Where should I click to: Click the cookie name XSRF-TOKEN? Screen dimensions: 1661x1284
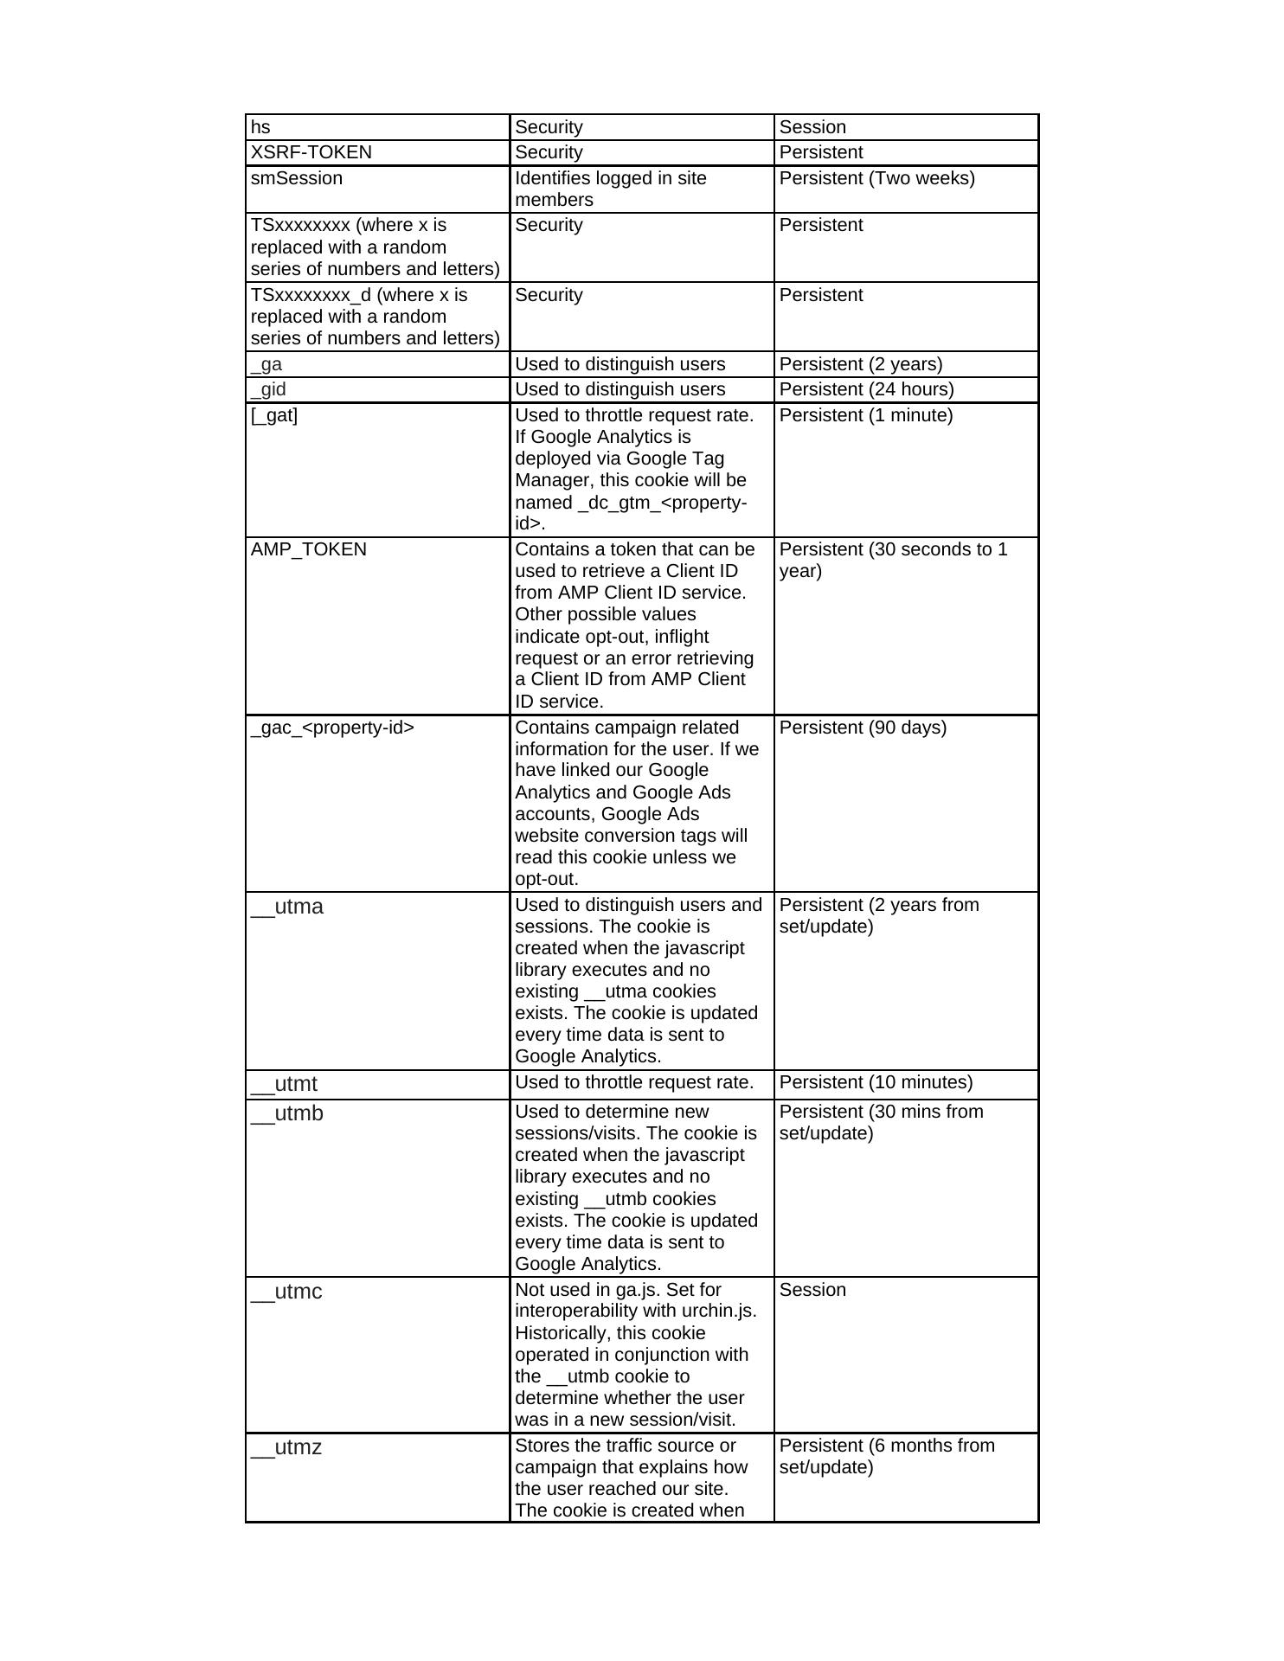[x=311, y=152]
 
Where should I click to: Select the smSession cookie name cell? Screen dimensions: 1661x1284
[x=297, y=178]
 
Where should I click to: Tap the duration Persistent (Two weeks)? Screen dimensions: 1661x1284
[x=876, y=178]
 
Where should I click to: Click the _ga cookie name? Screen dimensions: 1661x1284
[x=266, y=364]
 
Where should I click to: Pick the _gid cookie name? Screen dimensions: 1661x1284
[x=268, y=389]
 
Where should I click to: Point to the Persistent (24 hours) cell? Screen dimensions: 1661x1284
[x=866, y=389]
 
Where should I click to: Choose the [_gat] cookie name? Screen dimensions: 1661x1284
[x=274, y=415]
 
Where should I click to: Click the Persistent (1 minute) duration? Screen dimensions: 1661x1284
[x=865, y=415]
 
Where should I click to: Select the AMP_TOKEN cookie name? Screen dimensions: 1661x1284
[x=309, y=549]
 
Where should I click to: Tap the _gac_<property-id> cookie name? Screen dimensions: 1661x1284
[x=332, y=728]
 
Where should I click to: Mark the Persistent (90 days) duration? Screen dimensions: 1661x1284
[x=863, y=728]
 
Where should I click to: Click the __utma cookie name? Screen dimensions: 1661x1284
[x=287, y=907]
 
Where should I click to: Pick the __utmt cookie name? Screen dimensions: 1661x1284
[x=285, y=1084]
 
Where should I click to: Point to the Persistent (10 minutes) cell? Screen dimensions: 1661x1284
[x=876, y=1082]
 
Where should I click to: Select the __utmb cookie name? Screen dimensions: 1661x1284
[x=287, y=1113]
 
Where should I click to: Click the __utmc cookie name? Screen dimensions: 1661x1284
[x=286, y=1292]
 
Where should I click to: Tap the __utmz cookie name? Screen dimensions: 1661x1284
[x=286, y=1446]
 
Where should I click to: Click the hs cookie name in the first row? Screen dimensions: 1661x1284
[x=260, y=127]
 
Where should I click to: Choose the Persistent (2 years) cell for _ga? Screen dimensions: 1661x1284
[x=861, y=364]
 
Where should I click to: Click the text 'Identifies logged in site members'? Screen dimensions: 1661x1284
[x=611, y=189]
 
